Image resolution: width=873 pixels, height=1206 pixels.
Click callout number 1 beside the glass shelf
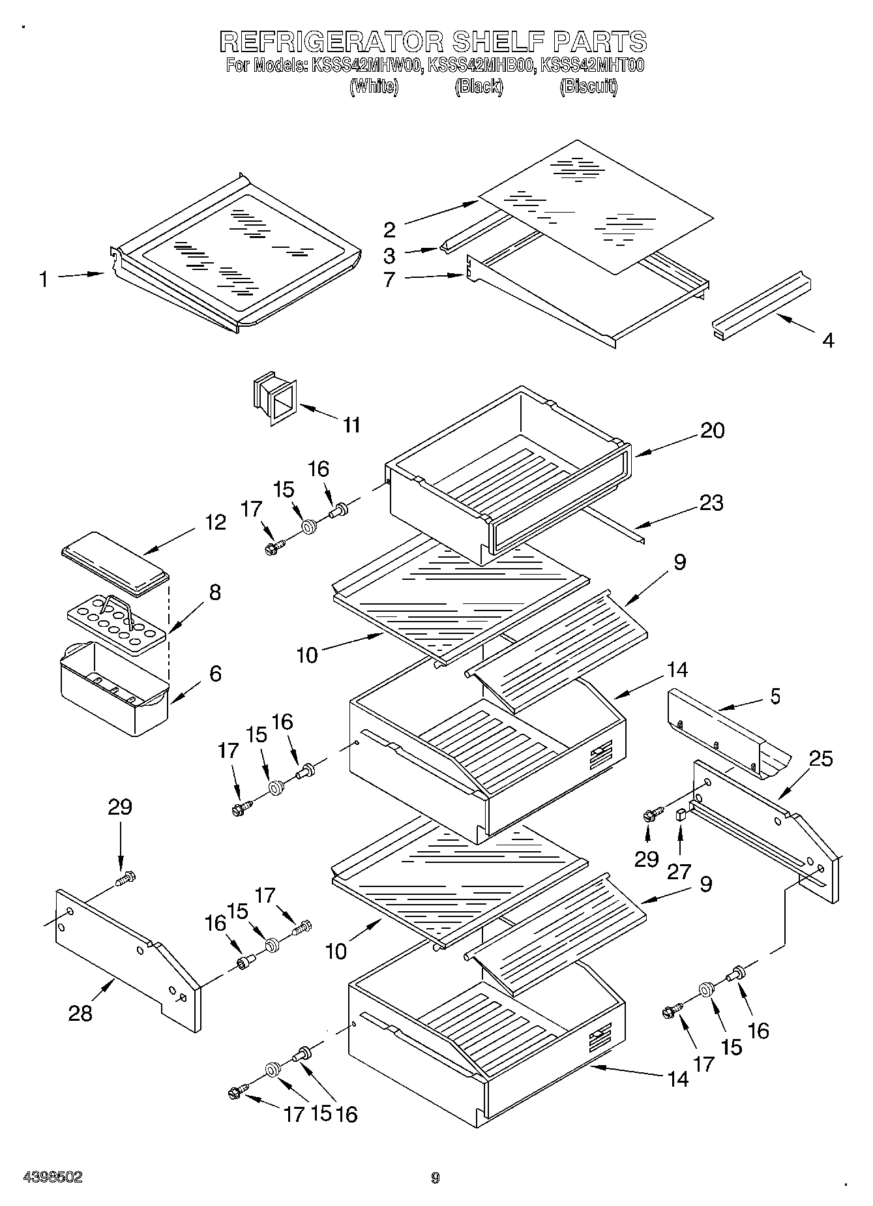tap(43, 280)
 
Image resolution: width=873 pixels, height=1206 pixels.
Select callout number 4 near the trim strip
tap(827, 340)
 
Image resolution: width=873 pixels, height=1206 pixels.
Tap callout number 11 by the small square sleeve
tap(351, 425)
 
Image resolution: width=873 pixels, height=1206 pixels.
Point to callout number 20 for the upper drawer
tap(712, 430)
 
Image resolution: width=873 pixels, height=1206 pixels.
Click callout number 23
tap(711, 503)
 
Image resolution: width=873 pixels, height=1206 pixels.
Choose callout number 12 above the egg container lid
tap(215, 522)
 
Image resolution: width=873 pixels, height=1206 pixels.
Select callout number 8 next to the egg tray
tap(215, 592)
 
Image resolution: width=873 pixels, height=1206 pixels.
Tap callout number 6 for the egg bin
tap(215, 673)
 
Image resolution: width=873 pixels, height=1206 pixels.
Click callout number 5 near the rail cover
tap(775, 696)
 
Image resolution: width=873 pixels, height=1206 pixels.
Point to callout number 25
tap(821, 759)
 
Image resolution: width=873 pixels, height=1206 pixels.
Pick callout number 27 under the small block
tap(679, 871)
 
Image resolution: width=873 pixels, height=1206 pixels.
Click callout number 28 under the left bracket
tap(81, 1013)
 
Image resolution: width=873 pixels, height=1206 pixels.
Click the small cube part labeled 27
tap(681, 814)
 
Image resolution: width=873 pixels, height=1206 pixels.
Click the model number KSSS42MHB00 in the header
tap(481, 65)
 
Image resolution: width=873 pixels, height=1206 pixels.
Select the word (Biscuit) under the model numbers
tap(588, 86)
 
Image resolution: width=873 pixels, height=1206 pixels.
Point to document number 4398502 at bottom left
tap(53, 1177)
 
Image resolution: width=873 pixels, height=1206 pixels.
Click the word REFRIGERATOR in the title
tap(331, 41)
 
